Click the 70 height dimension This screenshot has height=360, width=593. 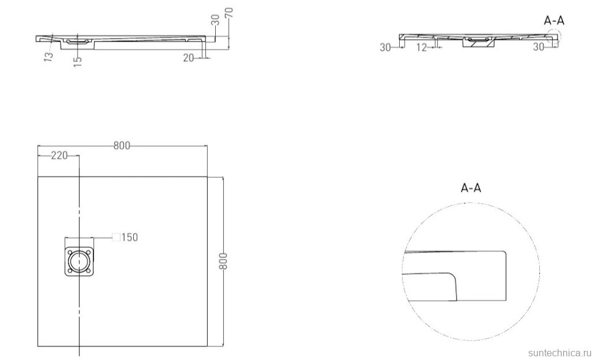click(229, 13)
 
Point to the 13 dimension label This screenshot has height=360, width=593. click(48, 56)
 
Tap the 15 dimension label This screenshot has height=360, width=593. click(77, 61)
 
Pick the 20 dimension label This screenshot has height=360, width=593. click(188, 58)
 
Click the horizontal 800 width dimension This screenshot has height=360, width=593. click(122, 145)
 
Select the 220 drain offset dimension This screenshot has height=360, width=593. click(59, 155)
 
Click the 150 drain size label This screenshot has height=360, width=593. click(130, 238)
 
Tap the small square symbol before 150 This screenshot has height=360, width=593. click(116, 237)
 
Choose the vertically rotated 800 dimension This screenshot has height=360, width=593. click(223, 261)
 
